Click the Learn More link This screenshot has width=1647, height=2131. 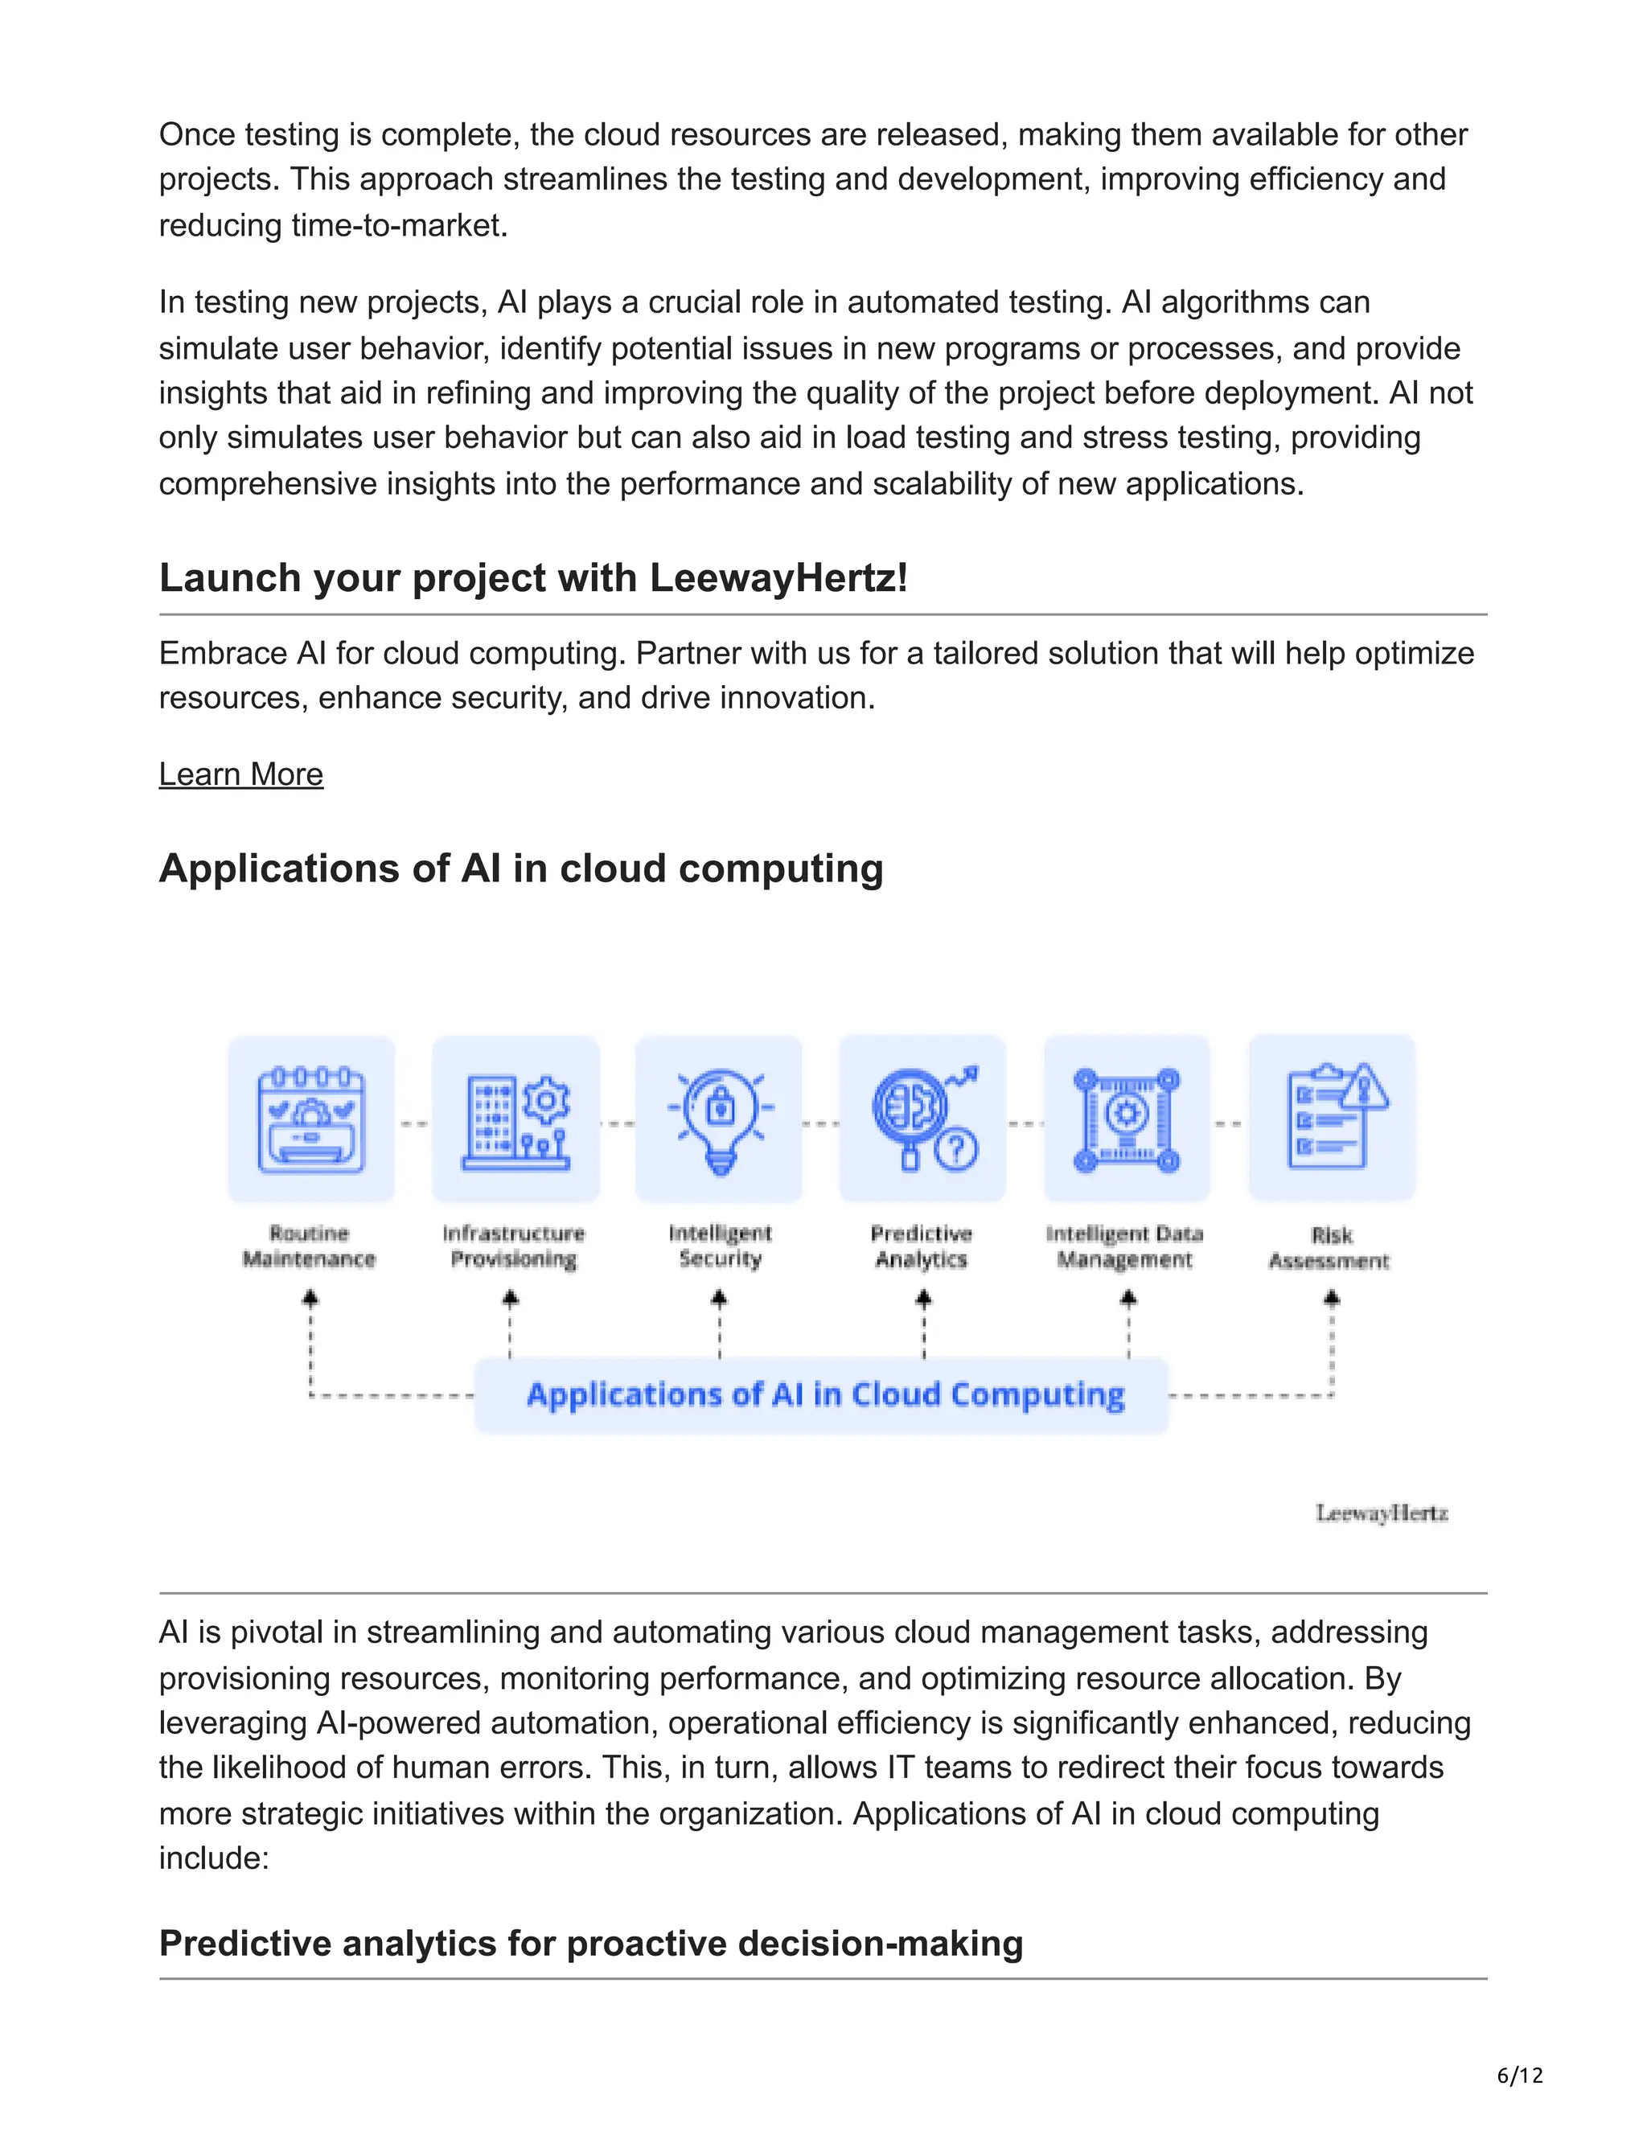[x=241, y=774]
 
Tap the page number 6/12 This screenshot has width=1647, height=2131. [x=1519, y=2075]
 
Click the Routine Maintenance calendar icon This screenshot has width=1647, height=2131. [x=310, y=1119]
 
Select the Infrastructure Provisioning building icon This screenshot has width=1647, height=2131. [x=515, y=1119]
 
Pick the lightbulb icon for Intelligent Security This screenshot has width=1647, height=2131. [x=719, y=1119]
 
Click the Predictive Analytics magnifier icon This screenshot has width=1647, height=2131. [x=923, y=1119]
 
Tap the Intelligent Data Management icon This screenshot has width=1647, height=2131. [x=1127, y=1119]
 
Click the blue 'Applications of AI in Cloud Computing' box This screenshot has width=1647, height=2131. [x=822, y=1395]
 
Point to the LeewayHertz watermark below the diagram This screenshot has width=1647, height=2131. [x=1381, y=1513]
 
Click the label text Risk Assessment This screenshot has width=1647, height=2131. [x=1329, y=1248]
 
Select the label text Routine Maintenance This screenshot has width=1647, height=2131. [x=310, y=1246]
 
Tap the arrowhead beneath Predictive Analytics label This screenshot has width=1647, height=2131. [x=923, y=1299]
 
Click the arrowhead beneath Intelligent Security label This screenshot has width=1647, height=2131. [x=719, y=1299]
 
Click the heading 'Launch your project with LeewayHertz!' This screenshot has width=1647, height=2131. [x=534, y=577]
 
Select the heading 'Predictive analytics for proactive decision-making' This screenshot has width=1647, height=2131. [x=590, y=1943]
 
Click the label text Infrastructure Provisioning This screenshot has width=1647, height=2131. [x=513, y=1246]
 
